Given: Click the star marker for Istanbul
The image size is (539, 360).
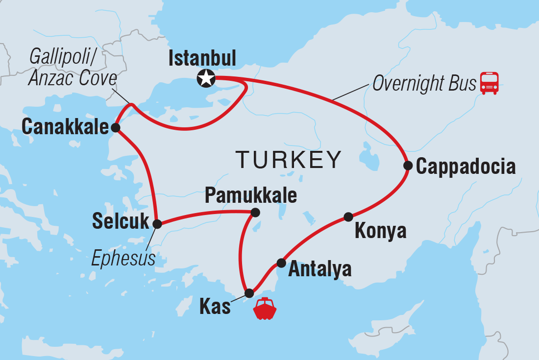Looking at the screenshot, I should [x=206, y=78].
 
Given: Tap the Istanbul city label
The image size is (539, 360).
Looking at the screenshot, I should [x=202, y=59].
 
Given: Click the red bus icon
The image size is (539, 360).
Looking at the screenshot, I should [x=490, y=83].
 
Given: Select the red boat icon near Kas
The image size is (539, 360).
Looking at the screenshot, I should [x=265, y=309].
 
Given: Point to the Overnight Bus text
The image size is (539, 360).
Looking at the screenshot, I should [x=424, y=84].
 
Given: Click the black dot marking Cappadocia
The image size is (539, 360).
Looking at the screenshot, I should [x=408, y=166].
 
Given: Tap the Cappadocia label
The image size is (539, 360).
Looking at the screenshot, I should [x=465, y=167].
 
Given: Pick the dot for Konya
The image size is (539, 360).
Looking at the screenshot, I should [x=348, y=216].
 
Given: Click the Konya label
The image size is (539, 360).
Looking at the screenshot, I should [x=380, y=231].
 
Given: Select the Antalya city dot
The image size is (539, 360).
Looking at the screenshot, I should [x=281, y=263].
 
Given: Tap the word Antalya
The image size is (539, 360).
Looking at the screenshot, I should [x=319, y=269].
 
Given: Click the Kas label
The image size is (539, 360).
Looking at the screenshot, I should [x=215, y=307].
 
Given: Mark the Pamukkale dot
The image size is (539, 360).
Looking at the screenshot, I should [x=255, y=213].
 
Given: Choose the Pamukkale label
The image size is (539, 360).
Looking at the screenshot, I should [x=250, y=195].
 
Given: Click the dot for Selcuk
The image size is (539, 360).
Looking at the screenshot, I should [x=157, y=224].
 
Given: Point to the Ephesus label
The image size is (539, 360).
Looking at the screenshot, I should [x=123, y=258].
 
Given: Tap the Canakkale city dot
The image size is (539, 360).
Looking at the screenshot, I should [x=115, y=128].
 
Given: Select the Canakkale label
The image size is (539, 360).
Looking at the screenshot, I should [x=65, y=128].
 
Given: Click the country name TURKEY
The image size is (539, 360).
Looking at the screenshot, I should [x=289, y=160].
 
